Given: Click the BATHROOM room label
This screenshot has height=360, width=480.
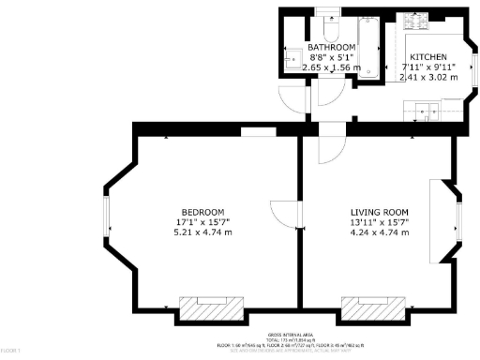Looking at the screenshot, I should click(331, 47).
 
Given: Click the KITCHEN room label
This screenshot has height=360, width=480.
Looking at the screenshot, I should click(430, 56).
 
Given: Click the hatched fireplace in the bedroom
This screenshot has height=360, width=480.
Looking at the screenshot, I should click(211, 307).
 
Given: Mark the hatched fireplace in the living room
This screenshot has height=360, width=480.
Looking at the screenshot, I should click(373, 307).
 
